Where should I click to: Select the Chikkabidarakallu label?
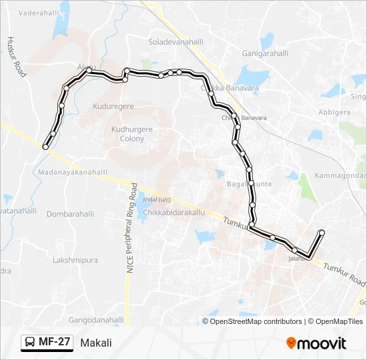(173, 213)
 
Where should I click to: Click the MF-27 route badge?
(47, 343)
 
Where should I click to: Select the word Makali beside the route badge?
(96, 343)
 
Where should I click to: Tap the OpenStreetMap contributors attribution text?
(256, 321)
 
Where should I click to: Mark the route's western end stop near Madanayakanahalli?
(45, 147)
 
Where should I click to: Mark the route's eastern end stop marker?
(322, 232)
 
